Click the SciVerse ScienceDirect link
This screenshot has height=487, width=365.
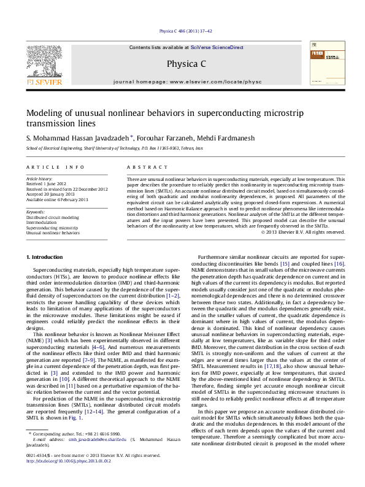pyautogui.click(x=217, y=47)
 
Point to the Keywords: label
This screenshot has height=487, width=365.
pyautogui.click(x=36, y=212)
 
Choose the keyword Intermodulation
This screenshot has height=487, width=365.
pyautogui.click(x=42, y=222)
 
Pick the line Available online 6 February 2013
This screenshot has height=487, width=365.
pyautogui.click(x=57, y=199)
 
